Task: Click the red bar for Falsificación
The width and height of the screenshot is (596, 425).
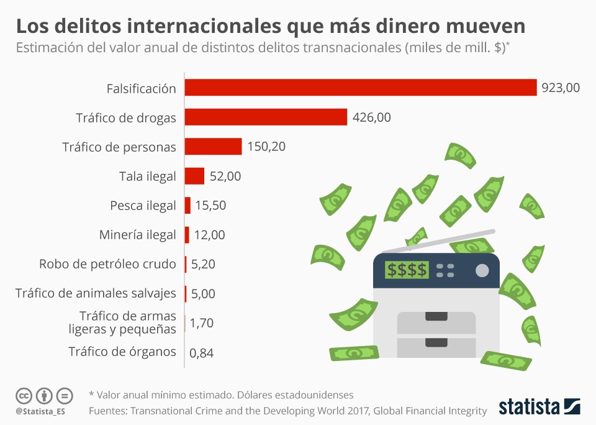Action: point(360,88)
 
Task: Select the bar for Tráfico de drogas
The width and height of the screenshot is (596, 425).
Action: point(266,117)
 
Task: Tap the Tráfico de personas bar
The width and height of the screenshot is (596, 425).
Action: point(213,147)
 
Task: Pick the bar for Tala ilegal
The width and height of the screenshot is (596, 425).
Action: point(194,176)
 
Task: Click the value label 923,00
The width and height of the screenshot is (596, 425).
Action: point(560,88)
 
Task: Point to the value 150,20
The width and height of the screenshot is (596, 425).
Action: point(266,147)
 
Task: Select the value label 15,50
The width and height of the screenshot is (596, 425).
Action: point(211,206)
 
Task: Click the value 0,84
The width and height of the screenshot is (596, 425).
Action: point(202,353)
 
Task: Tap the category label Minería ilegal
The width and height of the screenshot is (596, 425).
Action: point(137,235)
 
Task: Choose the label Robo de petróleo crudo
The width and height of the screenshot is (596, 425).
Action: point(107,264)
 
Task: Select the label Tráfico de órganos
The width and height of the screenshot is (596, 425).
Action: point(122,352)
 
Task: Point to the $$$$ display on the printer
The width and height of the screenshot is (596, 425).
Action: point(406,270)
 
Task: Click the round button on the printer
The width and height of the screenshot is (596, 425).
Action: point(482,270)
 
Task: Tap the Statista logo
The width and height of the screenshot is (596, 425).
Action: point(540,407)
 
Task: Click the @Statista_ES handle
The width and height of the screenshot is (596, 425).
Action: point(40,411)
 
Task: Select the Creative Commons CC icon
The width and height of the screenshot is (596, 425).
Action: point(24,395)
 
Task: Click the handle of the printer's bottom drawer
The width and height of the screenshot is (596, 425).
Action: point(436,342)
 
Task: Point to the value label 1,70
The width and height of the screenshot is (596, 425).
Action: point(202,323)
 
